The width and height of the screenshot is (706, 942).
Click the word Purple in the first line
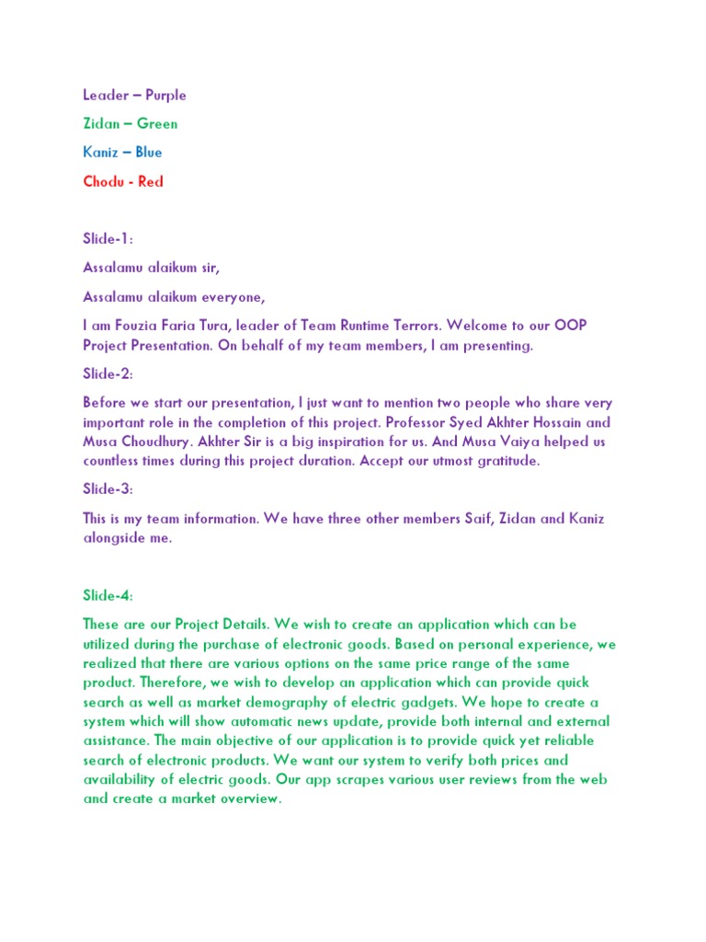pos(165,95)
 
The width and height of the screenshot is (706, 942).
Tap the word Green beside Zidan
pos(157,123)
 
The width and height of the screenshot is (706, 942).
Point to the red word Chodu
pos(104,181)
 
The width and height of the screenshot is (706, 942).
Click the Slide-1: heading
pos(108,238)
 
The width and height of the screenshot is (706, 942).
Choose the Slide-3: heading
pos(108,488)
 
